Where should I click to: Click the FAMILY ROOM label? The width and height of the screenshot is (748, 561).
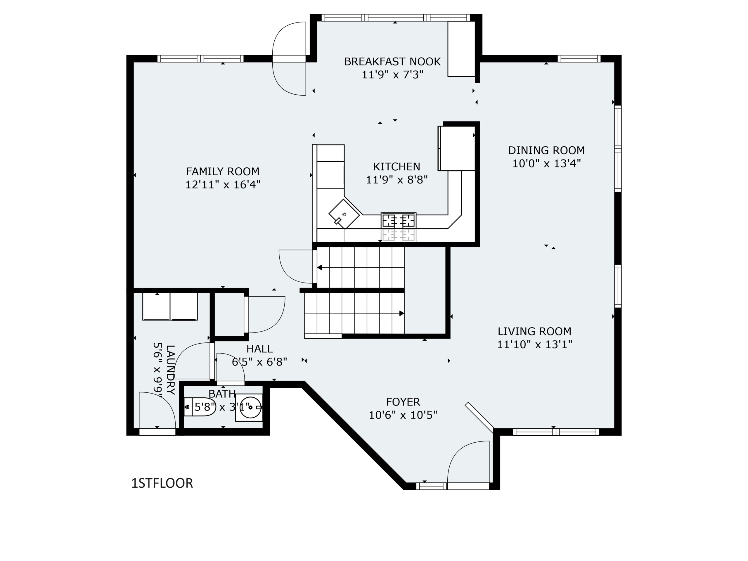[x=223, y=172]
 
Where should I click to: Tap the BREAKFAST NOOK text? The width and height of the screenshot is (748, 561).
[x=392, y=62]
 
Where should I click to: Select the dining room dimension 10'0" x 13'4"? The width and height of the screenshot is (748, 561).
[x=546, y=164]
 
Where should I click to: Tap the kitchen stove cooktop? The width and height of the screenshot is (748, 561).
[x=398, y=221]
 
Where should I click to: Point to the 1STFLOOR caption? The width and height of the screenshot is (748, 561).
[x=162, y=483]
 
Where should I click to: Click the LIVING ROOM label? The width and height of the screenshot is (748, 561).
[x=534, y=331]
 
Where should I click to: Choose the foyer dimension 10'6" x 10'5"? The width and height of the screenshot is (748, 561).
[x=403, y=415]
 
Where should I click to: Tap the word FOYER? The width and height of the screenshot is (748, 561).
[x=403, y=402]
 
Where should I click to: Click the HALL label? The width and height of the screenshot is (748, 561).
[x=259, y=349]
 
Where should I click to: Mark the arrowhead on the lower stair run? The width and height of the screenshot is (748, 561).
[x=402, y=314]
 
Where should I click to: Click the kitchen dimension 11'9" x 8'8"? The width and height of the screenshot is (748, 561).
[x=397, y=180]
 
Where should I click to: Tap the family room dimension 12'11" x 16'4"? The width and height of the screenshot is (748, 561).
[x=223, y=185]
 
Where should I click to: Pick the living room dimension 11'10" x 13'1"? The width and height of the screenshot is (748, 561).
[x=534, y=344]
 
